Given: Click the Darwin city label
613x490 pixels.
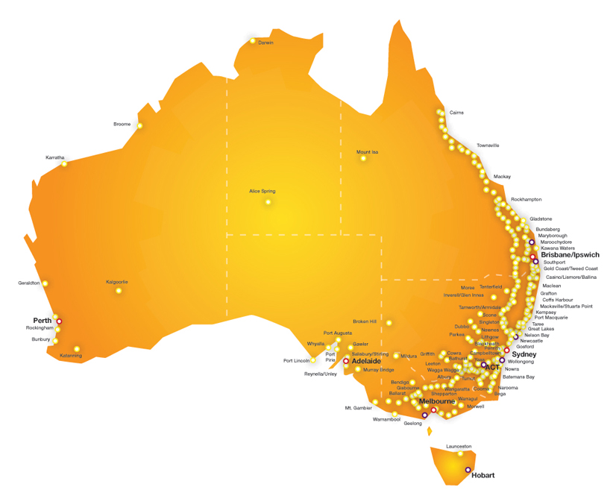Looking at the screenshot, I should [x=265, y=43].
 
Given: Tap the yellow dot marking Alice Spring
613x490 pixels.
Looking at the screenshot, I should [x=268, y=201].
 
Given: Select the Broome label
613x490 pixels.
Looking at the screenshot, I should [x=122, y=124].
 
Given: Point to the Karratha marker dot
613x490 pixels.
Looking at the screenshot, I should [x=64, y=163].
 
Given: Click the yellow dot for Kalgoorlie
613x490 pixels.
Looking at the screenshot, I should [x=118, y=290].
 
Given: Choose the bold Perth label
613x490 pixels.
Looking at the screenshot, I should [x=42, y=321].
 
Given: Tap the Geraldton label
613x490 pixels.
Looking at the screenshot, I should [x=28, y=283].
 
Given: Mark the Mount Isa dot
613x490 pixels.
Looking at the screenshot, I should [x=363, y=158].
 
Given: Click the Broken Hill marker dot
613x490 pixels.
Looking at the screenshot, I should [x=389, y=323].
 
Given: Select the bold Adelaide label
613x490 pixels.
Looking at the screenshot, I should [x=366, y=361].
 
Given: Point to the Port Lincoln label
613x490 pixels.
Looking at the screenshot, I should [x=296, y=361].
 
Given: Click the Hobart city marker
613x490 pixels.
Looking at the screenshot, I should [x=468, y=470].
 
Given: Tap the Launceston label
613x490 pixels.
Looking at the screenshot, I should [x=459, y=446].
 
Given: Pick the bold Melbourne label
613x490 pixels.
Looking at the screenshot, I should [x=437, y=401].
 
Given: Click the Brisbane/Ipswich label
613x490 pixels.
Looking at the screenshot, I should [x=570, y=254].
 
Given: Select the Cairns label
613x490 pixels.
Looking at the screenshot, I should [x=456, y=113].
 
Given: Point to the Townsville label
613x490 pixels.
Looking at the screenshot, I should [x=488, y=145].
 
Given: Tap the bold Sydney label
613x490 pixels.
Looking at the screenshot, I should [x=524, y=354].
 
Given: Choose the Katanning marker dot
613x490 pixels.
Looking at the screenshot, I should [x=77, y=348].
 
